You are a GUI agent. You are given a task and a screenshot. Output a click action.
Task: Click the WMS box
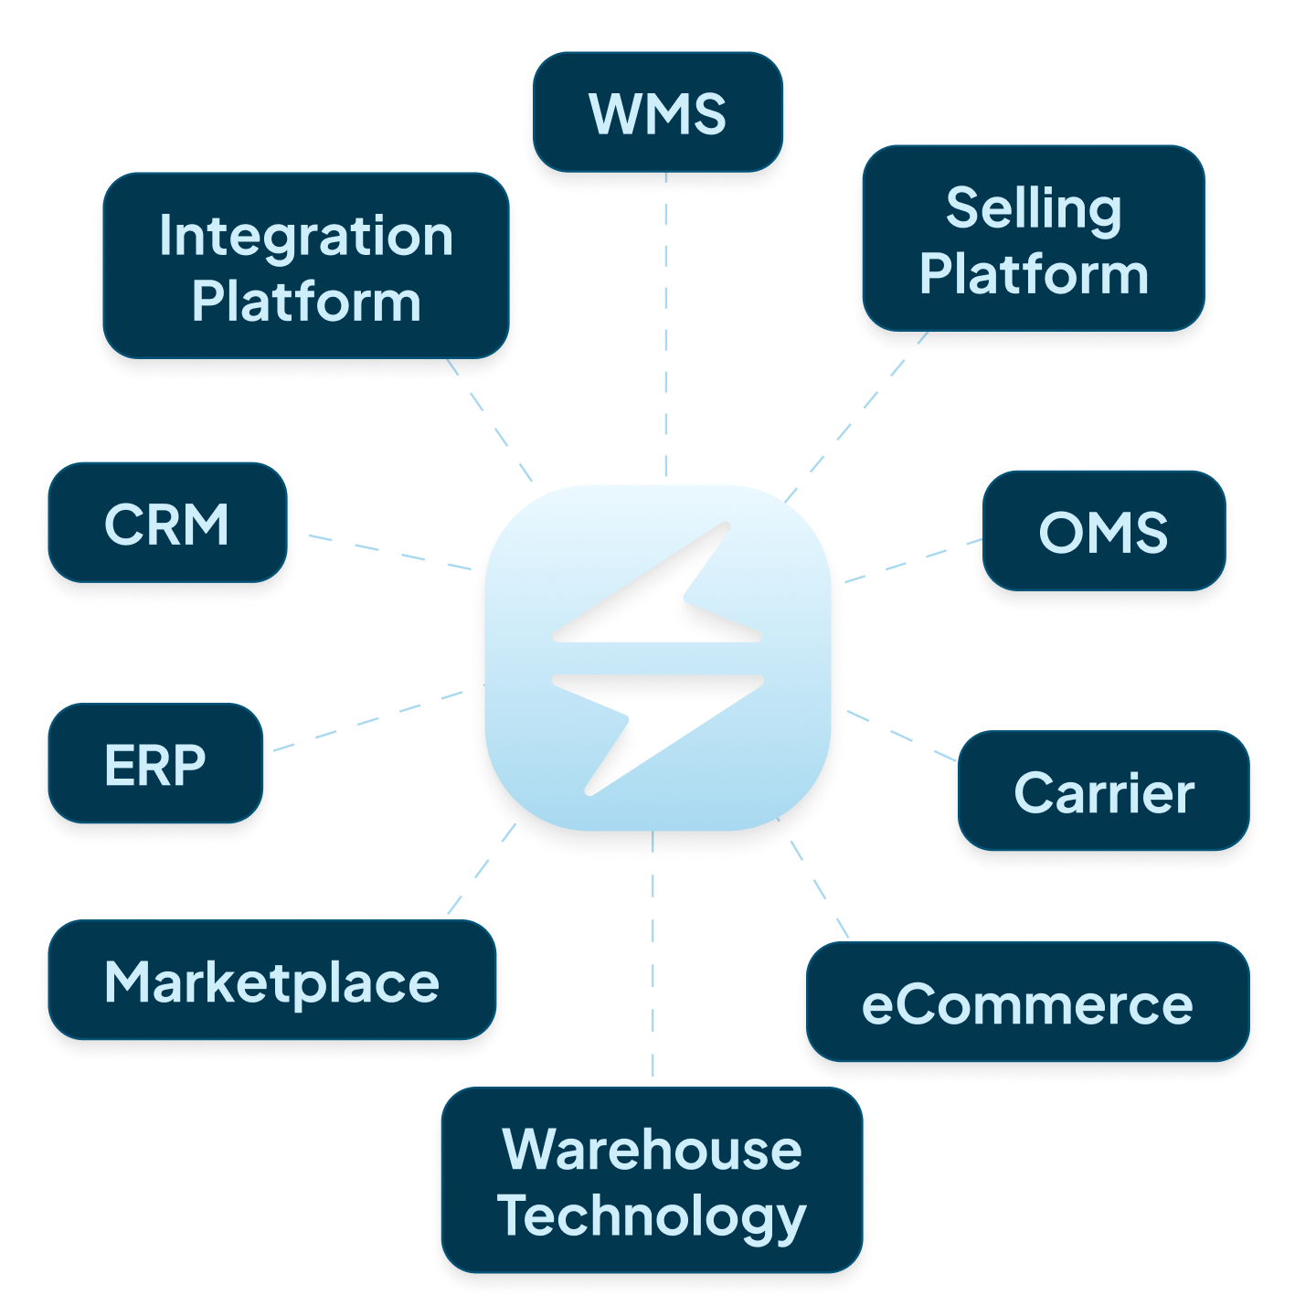(657, 112)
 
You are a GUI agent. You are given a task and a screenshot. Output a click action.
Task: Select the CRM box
(167, 523)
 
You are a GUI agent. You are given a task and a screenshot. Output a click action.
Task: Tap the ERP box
(155, 763)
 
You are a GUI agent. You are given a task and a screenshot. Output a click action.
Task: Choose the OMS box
(1104, 531)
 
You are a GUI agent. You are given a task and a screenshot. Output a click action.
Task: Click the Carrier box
(1104, 791)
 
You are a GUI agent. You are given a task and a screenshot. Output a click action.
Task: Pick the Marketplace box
(271, 980)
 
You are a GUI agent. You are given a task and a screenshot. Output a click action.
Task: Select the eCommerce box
(1028, 1002)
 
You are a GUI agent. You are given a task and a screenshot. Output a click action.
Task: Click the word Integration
(306, 237)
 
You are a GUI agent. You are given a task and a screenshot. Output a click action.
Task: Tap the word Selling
(1034, 208)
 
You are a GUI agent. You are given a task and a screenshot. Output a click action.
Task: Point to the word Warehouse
(653, 1149)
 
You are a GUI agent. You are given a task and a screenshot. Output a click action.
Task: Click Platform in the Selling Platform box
(1034, 273)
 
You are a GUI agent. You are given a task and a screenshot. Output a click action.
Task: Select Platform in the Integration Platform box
(306, 302)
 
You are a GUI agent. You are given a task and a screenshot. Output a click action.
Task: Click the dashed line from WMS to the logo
(666, 325)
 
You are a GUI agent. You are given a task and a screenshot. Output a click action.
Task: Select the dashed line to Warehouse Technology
(653, 954)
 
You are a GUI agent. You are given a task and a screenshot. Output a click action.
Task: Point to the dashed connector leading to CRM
(390, 552)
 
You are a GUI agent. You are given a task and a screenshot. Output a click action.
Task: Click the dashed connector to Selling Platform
(855, 418)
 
